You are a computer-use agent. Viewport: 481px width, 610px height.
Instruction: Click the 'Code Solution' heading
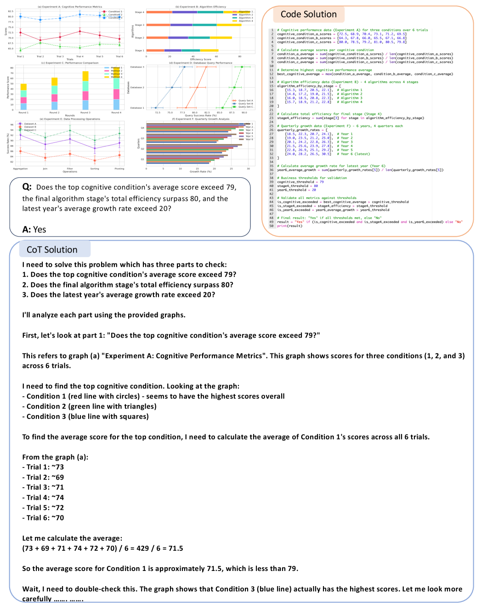308,15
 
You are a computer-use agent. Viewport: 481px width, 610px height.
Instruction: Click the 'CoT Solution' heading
52,250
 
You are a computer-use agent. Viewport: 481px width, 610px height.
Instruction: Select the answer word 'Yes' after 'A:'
40,230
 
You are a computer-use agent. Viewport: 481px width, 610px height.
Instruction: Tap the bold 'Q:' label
27,187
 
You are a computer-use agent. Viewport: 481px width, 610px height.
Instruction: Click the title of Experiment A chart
70,7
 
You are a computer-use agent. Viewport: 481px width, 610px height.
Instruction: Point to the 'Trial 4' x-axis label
79,56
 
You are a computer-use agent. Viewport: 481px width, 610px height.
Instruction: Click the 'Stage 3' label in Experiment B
139,25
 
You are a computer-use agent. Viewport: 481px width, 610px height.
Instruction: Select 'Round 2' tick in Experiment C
54,113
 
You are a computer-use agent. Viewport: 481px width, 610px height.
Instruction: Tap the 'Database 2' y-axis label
137,87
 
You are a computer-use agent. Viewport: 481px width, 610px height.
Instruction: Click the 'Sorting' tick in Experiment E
95,169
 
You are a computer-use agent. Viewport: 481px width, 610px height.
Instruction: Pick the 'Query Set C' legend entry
245,107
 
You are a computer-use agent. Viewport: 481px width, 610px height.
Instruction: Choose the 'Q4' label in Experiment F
142,128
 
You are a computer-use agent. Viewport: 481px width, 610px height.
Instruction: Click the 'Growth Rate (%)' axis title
200,172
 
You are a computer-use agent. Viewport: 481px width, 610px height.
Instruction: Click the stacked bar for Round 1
23,97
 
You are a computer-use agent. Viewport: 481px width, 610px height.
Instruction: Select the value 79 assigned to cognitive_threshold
322,182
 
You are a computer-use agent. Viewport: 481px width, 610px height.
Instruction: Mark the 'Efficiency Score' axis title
200,59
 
